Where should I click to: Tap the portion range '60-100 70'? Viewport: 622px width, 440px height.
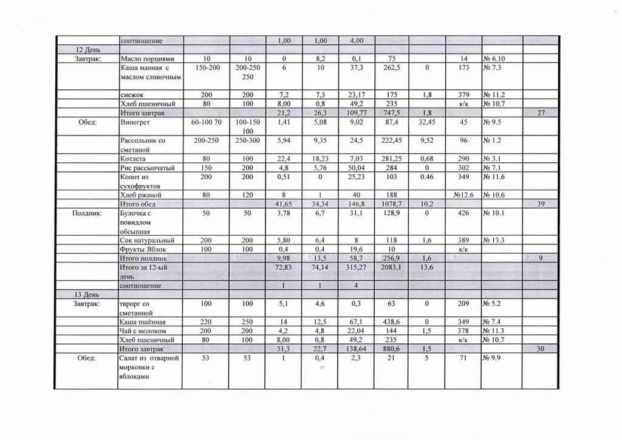coord(203,122)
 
